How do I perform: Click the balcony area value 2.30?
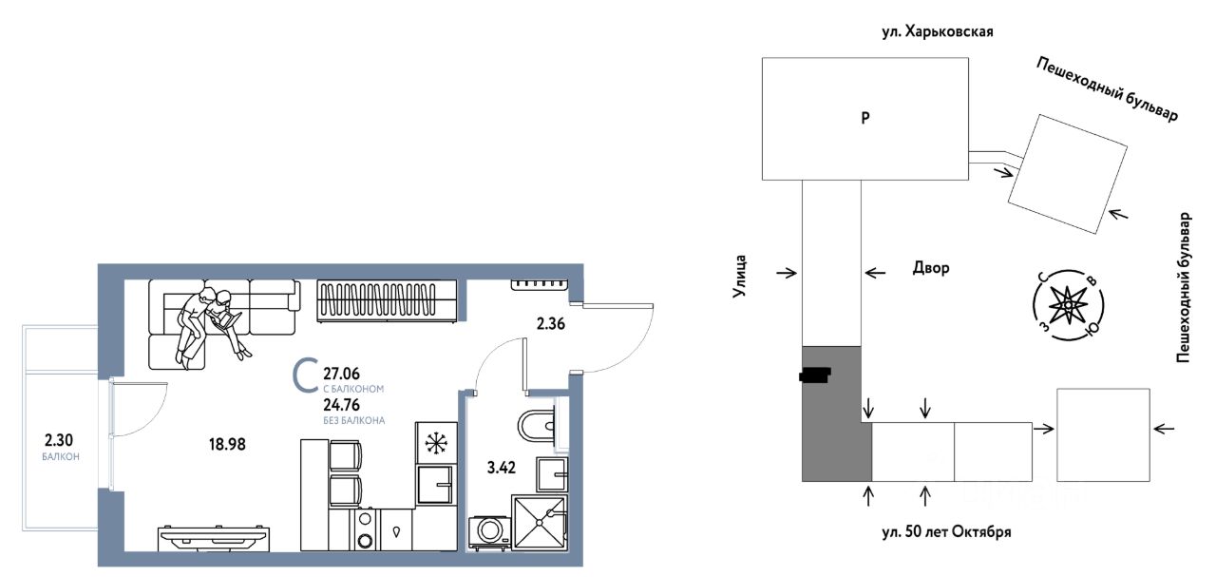pos(59,439)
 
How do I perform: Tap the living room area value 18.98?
pos(227,445)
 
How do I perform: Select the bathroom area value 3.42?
pos(501,468)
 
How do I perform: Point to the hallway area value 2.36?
pos(551,324)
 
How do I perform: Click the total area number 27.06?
pos(341,374)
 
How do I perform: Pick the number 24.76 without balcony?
pos(341,405)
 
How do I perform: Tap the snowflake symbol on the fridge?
pos(436,443)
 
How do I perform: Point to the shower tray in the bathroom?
pos(540,522)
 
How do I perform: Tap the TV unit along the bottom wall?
pos(214,538)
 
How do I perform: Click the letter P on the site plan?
pos(865,117)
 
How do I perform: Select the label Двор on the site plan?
pos(931,268)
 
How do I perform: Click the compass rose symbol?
pos(1068,306)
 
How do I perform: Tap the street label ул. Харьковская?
pos(938,32)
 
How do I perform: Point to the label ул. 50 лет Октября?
pos(947,532)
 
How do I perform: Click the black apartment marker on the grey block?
pos(815,375)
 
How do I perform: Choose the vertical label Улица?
pos(739,277)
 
